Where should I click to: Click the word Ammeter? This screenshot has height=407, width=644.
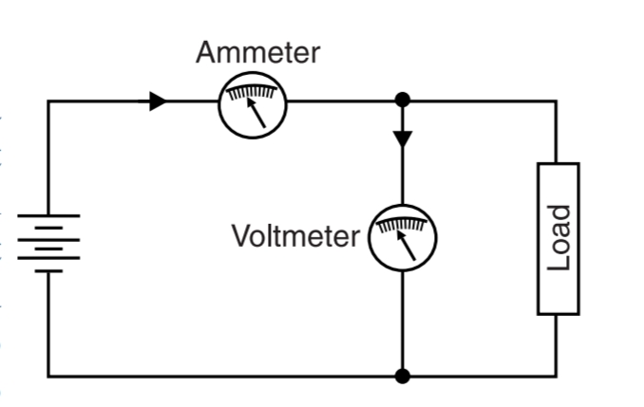tap(257, 52)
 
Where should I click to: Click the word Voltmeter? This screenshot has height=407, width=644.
tap(295, 235)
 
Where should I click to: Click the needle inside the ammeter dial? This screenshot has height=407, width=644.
tap(256, 113)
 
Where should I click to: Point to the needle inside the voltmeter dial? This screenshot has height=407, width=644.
tap(407, 245)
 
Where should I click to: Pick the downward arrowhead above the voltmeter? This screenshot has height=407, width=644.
tap(403, 138)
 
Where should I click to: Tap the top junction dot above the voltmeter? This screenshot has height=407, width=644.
tap(403, 100)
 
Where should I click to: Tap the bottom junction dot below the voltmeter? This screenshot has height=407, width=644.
tap(403, 377)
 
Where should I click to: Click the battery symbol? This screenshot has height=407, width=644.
tap(48, 243)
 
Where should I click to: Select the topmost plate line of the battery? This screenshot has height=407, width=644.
tap(48, 216)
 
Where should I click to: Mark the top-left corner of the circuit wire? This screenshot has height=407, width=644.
tap(48, 101)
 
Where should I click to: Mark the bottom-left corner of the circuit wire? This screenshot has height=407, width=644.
tap(48, 377)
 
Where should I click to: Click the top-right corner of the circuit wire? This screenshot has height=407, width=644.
tap(557, 101)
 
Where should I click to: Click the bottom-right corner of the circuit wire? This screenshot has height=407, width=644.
tap(557, 377)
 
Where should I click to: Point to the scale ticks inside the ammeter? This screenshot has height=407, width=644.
tap(252, 92)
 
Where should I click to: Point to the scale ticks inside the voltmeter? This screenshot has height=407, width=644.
tap(403, 225)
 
